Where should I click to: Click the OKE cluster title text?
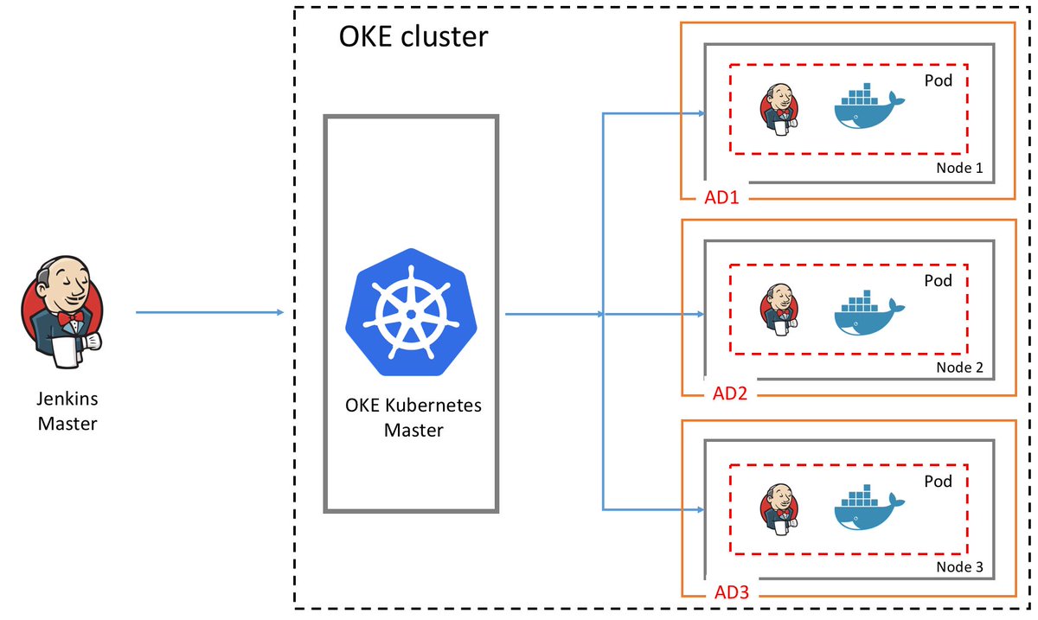click(x=413, y=36)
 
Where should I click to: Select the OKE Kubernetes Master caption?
click(x=413, y=417)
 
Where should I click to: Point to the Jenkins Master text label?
click(x=67, y=412)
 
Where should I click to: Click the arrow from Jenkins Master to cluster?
click(x=210, y=312)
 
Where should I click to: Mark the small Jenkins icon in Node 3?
click(x=779, y=509)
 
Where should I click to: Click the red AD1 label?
click(x=722, y=198)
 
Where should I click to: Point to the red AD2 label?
click(x=729, y=394)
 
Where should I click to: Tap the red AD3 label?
click(x=732, y=594)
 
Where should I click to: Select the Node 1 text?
click(x=959, y=168)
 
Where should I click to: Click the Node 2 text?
click(x=959, y=368)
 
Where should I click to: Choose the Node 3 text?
click(x=959, y=568)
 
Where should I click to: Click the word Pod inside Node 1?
click(x=938, y=80)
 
